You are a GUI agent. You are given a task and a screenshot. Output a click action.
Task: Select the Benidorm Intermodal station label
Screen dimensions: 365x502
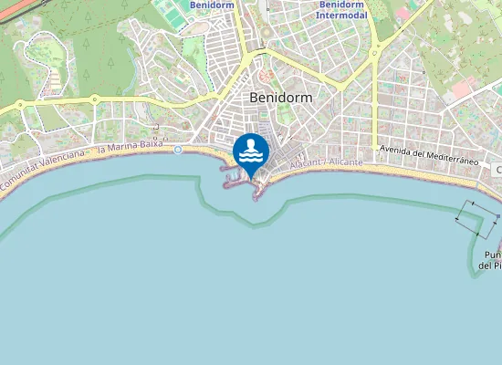[x=342, y=10]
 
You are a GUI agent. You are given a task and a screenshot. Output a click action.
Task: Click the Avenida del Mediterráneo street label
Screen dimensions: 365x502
[x=428, y=153]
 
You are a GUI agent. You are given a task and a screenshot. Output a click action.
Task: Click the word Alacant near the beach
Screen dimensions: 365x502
[x=309, y=164]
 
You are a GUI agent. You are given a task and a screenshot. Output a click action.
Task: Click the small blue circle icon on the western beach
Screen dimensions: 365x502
[x=179, y=150]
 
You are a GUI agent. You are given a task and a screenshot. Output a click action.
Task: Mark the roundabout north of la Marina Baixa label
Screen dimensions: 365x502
[x=94, y=99]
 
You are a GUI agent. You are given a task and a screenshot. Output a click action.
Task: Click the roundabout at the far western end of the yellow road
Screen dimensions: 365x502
[x=20, y=107]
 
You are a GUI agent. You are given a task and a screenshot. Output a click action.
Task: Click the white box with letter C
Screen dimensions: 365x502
[x=498, y=170]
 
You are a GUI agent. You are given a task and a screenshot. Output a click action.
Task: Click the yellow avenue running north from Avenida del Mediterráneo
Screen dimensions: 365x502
[x=374, y=100]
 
